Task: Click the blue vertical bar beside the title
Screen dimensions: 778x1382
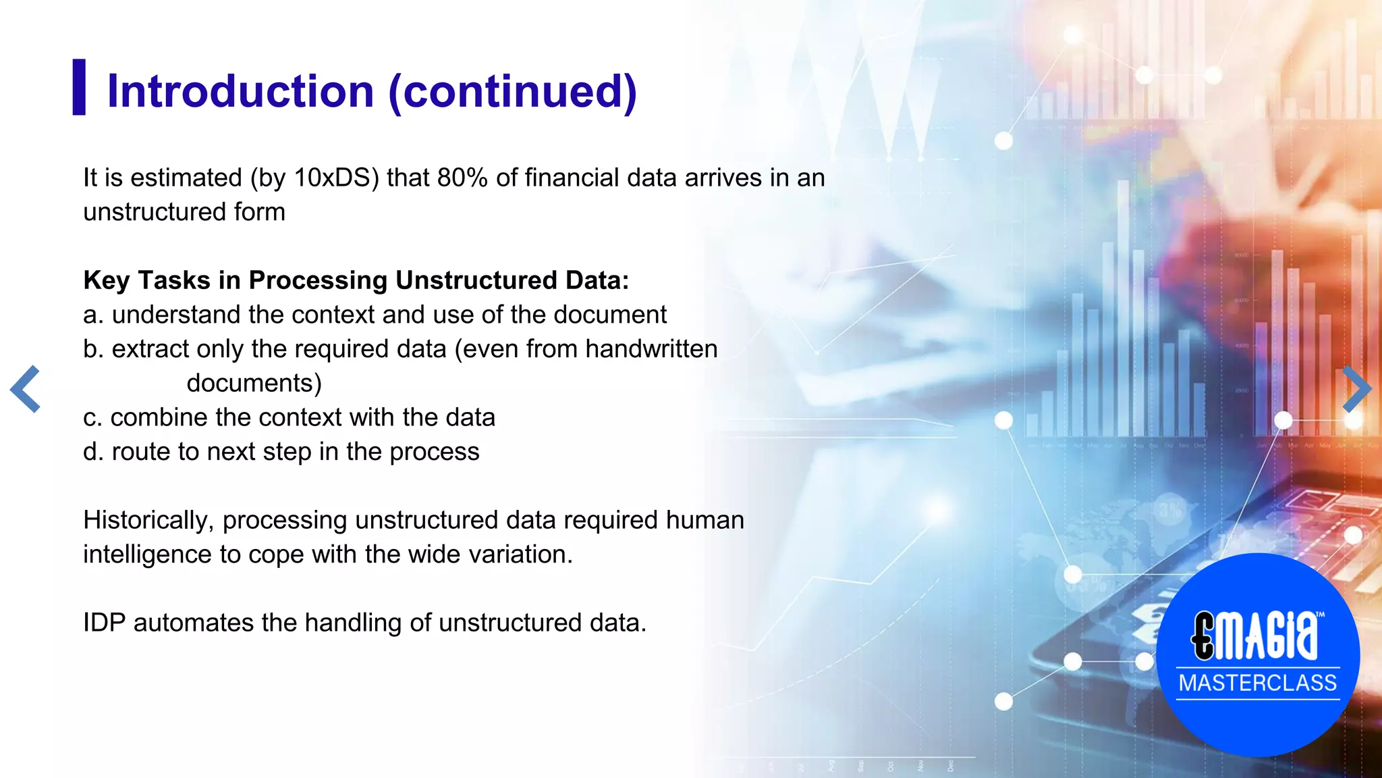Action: pos(79,87)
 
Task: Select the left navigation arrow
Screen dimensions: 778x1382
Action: pos(26,389)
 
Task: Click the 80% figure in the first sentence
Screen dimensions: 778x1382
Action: pos(462,178)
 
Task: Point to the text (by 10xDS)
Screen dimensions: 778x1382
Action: pos(314,178)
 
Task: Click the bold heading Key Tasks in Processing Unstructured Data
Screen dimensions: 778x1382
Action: pos(356,280)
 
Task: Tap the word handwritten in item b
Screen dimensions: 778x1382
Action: pos(651,348)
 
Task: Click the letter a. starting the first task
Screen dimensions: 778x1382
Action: pos(93,315)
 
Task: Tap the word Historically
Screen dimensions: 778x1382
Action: pos(148,520)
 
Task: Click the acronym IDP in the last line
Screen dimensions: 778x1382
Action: pos(104,622)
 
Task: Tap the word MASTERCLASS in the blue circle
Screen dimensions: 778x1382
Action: pos(1257,683)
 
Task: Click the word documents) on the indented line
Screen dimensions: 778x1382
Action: pos(254,383)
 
